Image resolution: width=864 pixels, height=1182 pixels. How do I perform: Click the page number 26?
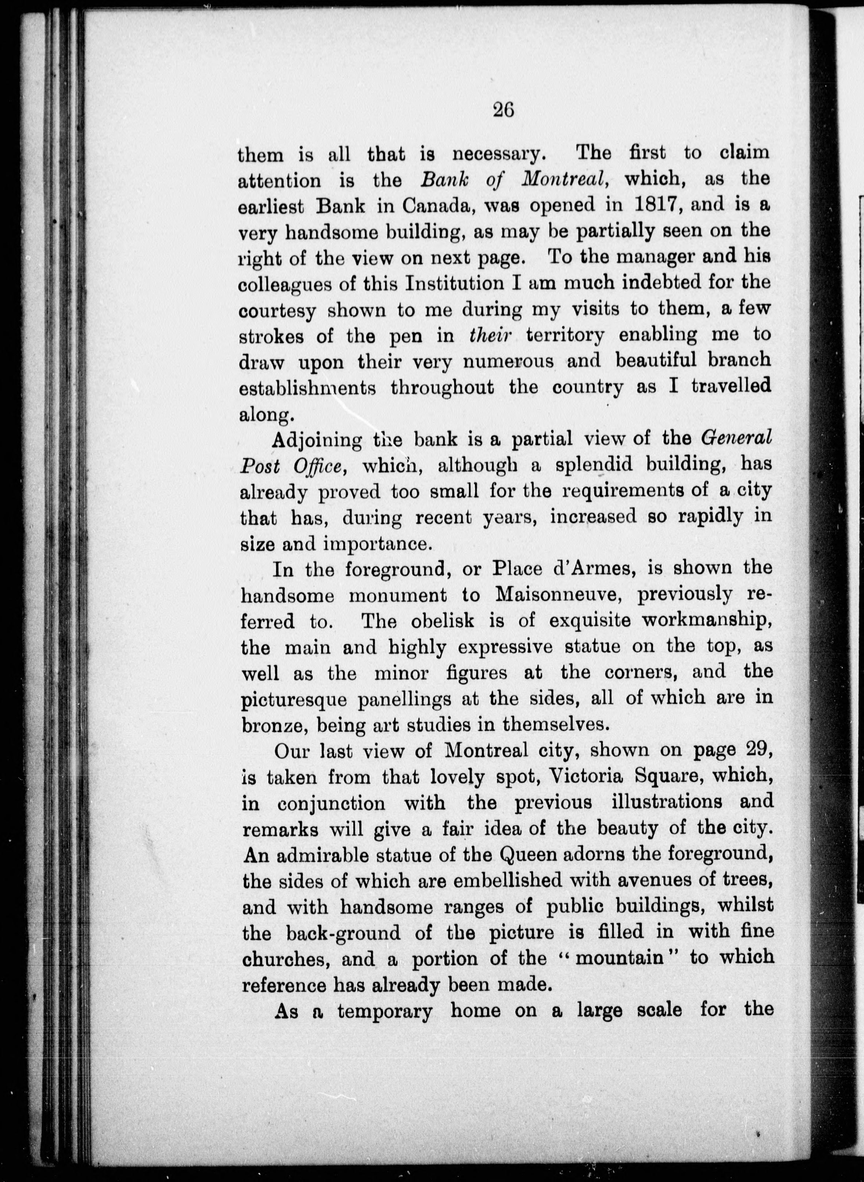(503, 110)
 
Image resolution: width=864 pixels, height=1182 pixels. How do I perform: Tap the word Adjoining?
(316, 440)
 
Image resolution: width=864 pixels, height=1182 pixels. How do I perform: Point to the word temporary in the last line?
(385, 1011)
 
